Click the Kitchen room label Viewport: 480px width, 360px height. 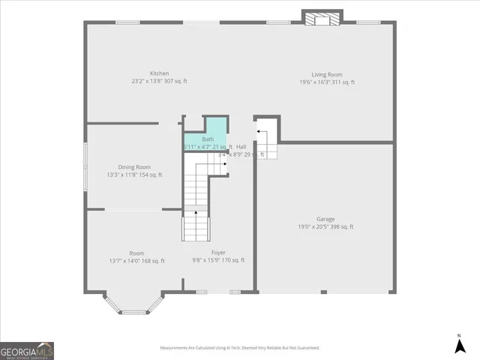(x=159, y=73)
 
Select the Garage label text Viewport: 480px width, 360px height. (x=325, y=219)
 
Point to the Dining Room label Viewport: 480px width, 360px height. (x=134, y=166)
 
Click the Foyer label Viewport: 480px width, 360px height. (x=218, y=253)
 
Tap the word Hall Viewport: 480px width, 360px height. (x=241, y=146)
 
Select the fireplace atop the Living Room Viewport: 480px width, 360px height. (x=322, y=18)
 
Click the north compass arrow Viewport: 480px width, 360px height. (x=459, y=345)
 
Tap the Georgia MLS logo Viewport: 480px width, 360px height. (x=27, y=351)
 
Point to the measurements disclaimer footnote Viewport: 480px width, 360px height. (x=240, y=348)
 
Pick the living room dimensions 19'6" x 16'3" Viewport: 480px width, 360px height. (x=316, y=82)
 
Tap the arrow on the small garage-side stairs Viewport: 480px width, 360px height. (x=259, y=133)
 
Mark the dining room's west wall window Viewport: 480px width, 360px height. (x=85, y=160)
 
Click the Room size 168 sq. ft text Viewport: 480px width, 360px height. (x=152, y=261)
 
